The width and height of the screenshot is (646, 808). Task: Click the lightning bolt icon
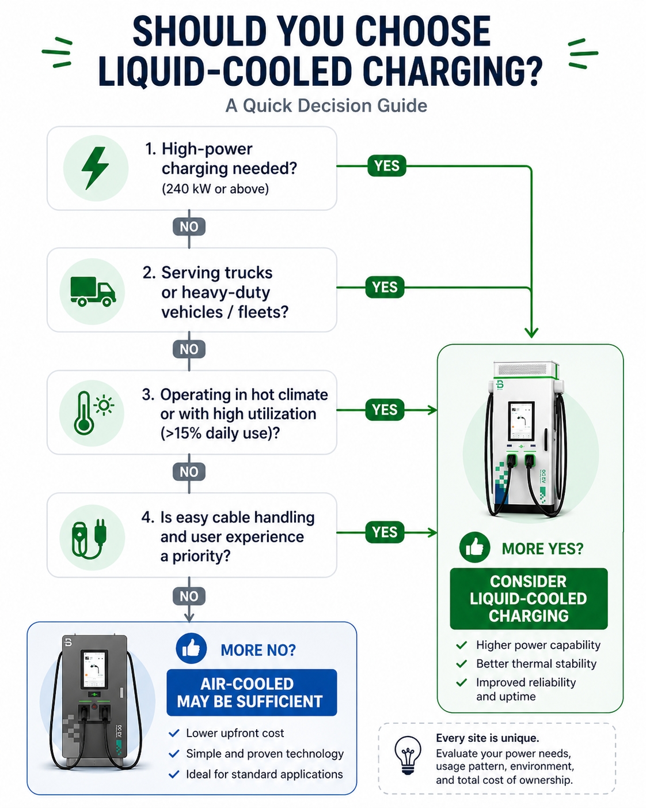coord(95,168)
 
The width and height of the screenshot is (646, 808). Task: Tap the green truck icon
coord(93,291)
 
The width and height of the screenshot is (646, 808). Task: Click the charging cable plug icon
coord(89,537)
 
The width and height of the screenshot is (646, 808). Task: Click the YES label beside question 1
coord(386,166)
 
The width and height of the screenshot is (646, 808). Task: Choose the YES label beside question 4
coord(385,532)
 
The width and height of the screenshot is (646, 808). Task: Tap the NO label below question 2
coord(189,349)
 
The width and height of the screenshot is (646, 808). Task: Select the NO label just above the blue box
coord(189,596)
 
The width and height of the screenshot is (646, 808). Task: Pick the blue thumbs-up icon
coord(191,648)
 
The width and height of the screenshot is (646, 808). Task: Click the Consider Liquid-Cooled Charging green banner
coord(529,598)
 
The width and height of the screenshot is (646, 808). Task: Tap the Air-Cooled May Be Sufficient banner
coord(251,692)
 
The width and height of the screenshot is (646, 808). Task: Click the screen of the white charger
coord(521,421)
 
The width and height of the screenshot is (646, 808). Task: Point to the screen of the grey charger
coord(94,670)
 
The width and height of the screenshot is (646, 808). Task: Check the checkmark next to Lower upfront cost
coord(174,733)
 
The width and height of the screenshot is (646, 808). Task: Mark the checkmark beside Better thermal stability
coord(461,663)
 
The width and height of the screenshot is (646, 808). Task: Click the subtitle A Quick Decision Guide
coord(326,105)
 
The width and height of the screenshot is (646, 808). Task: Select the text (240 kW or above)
coord(215,189)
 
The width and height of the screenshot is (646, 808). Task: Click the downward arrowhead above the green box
coord(531,333)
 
